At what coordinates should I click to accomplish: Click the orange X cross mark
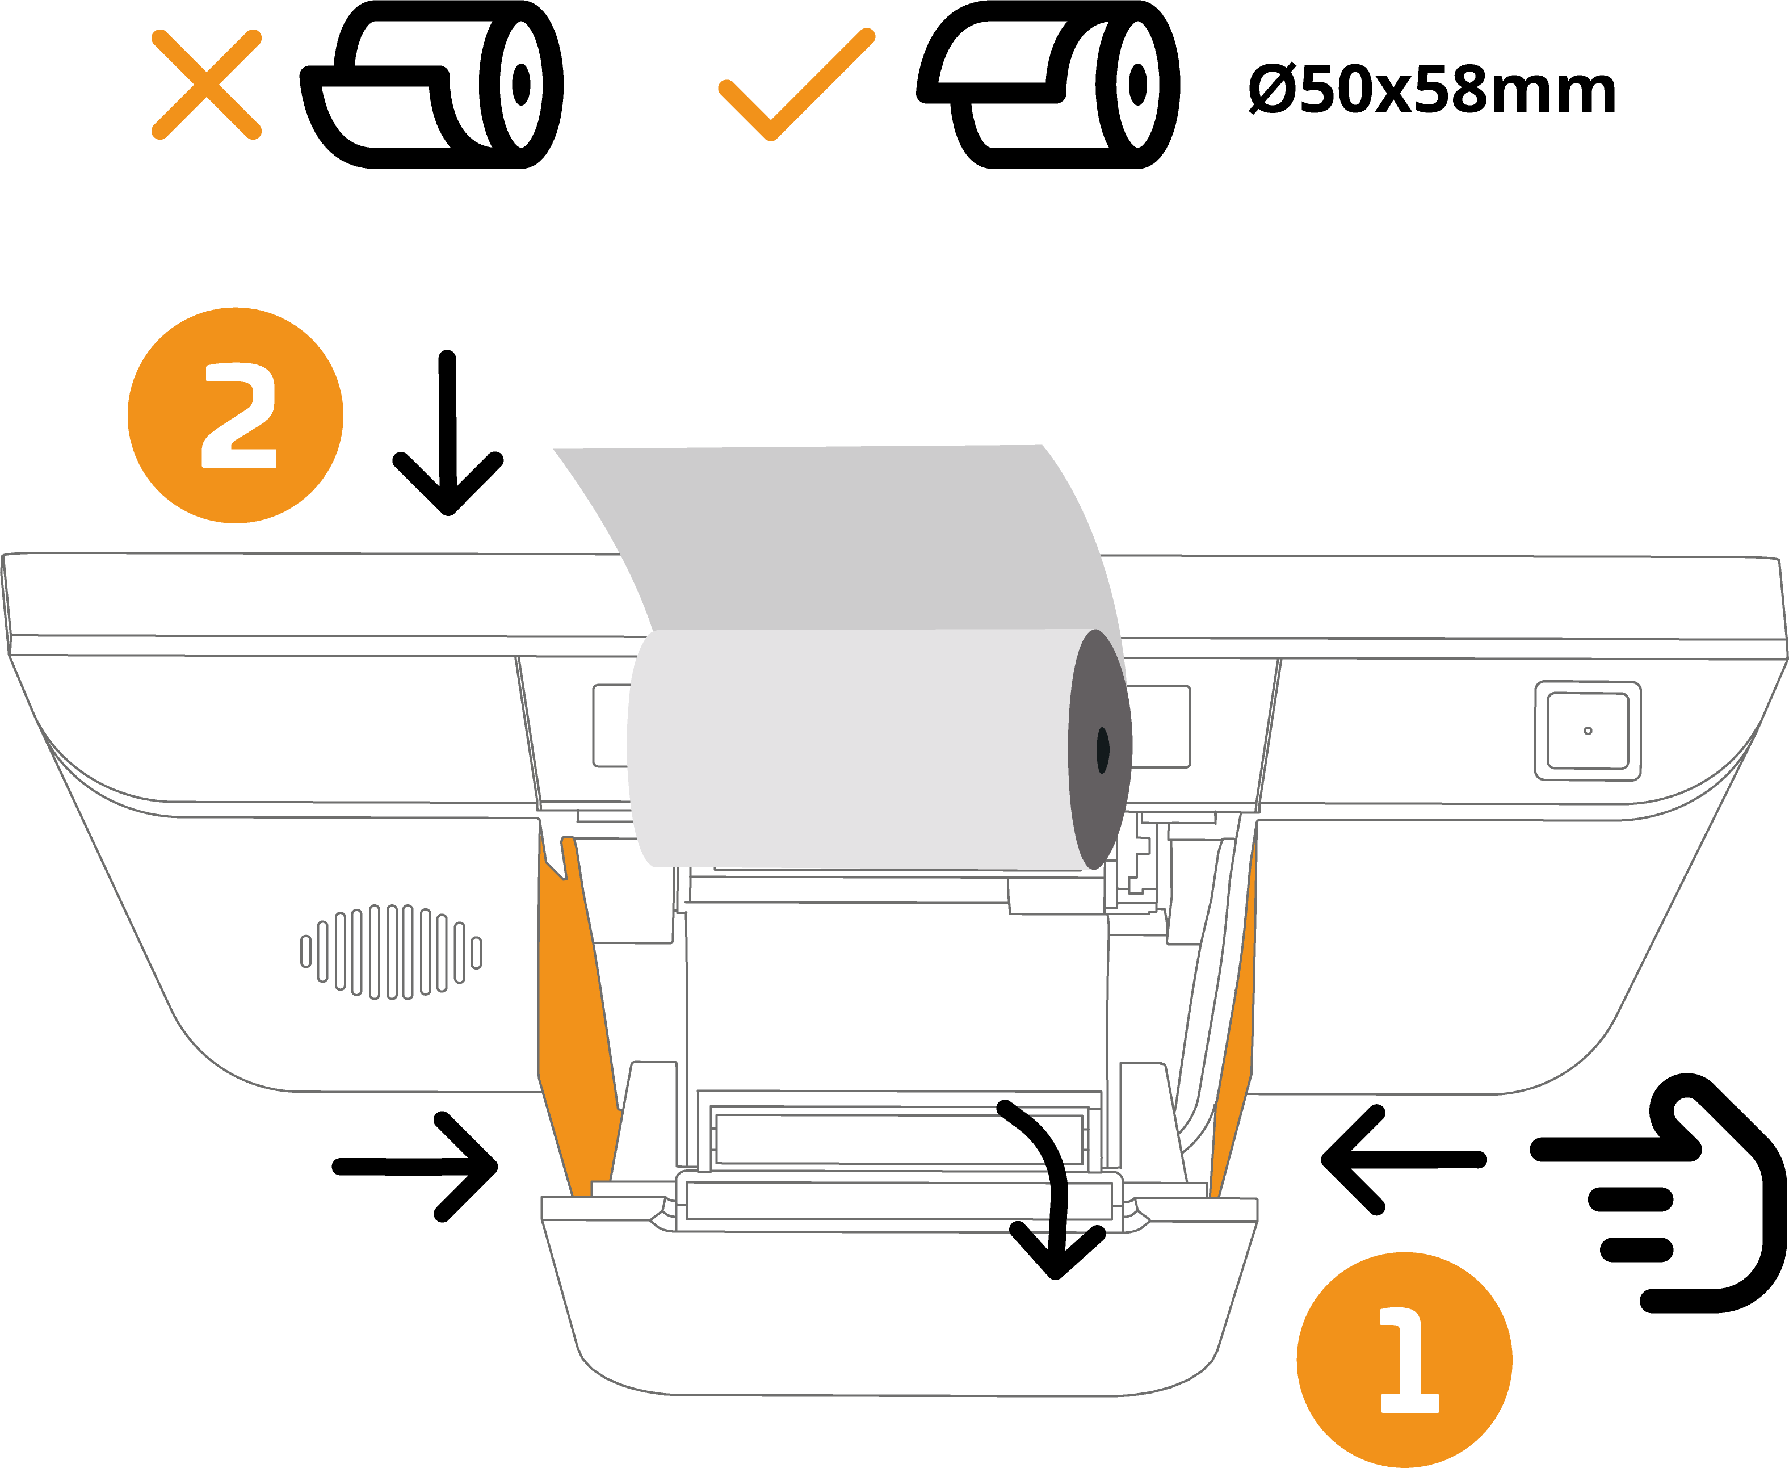click(206, 85)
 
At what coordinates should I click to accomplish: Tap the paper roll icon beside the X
click(432, 85)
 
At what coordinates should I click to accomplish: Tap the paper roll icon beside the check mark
click(1048, 85)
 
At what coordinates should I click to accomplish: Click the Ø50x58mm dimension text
click(1431, 90)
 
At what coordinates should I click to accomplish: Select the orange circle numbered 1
click(1404, 1360)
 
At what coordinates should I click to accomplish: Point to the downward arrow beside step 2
click(448, 433)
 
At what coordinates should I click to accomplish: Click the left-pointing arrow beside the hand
click(1404, 1160)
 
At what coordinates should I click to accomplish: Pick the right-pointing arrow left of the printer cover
click(414, 1167)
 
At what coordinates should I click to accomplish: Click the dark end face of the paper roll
click(1099, 749)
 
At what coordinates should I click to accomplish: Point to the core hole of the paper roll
click(1102, 750)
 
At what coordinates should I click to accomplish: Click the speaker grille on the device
click(392, 951)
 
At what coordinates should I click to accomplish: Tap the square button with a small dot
click(1588, 731)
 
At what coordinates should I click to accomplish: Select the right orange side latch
click(1233, 1015)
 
